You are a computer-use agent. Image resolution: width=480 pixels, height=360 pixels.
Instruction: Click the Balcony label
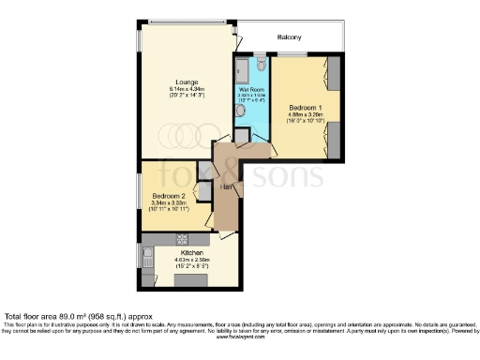coord(288,37)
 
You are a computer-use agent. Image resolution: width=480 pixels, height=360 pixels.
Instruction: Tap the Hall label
coord(226,186)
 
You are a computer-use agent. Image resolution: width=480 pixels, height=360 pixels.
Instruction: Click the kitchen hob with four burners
coord(181,238)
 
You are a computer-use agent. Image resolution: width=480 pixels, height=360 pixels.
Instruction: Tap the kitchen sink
coord(147,254)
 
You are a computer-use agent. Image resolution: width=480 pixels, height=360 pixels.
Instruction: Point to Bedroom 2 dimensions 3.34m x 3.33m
coord(170,206)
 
